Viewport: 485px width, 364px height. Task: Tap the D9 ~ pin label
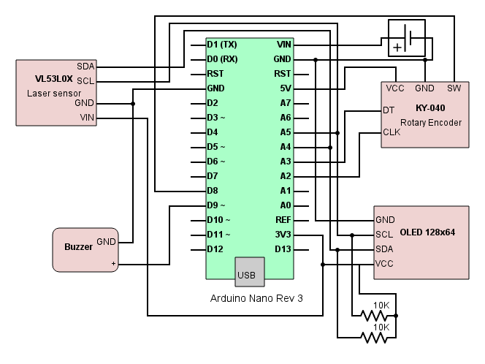tap(216, 205)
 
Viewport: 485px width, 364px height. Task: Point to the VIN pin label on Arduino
tap(284, 45)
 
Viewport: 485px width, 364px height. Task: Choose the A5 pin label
tap(285, 132)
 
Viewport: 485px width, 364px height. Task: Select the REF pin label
tap(283, 220)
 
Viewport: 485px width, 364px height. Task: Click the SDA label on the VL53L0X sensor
tap(85, 67)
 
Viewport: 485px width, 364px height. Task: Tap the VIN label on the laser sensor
tap(86, 117)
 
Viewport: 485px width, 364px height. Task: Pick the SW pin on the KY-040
tap(454, 88)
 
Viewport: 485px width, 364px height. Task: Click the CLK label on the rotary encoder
tap(391, 132)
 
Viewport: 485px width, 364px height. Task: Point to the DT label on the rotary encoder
tap(389, 110)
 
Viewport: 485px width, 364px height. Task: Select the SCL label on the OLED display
tap(384, 235)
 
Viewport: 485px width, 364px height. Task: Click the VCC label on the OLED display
tap(385, 263)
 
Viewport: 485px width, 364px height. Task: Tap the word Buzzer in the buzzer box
tap(78, 247)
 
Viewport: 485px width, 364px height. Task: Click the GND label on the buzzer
tap(106, 241)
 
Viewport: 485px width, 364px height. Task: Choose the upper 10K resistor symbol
tap(374, 316)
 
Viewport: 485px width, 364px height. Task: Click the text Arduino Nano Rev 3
tap(256, 299)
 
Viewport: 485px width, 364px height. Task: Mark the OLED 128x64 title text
tap(427, 232)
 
